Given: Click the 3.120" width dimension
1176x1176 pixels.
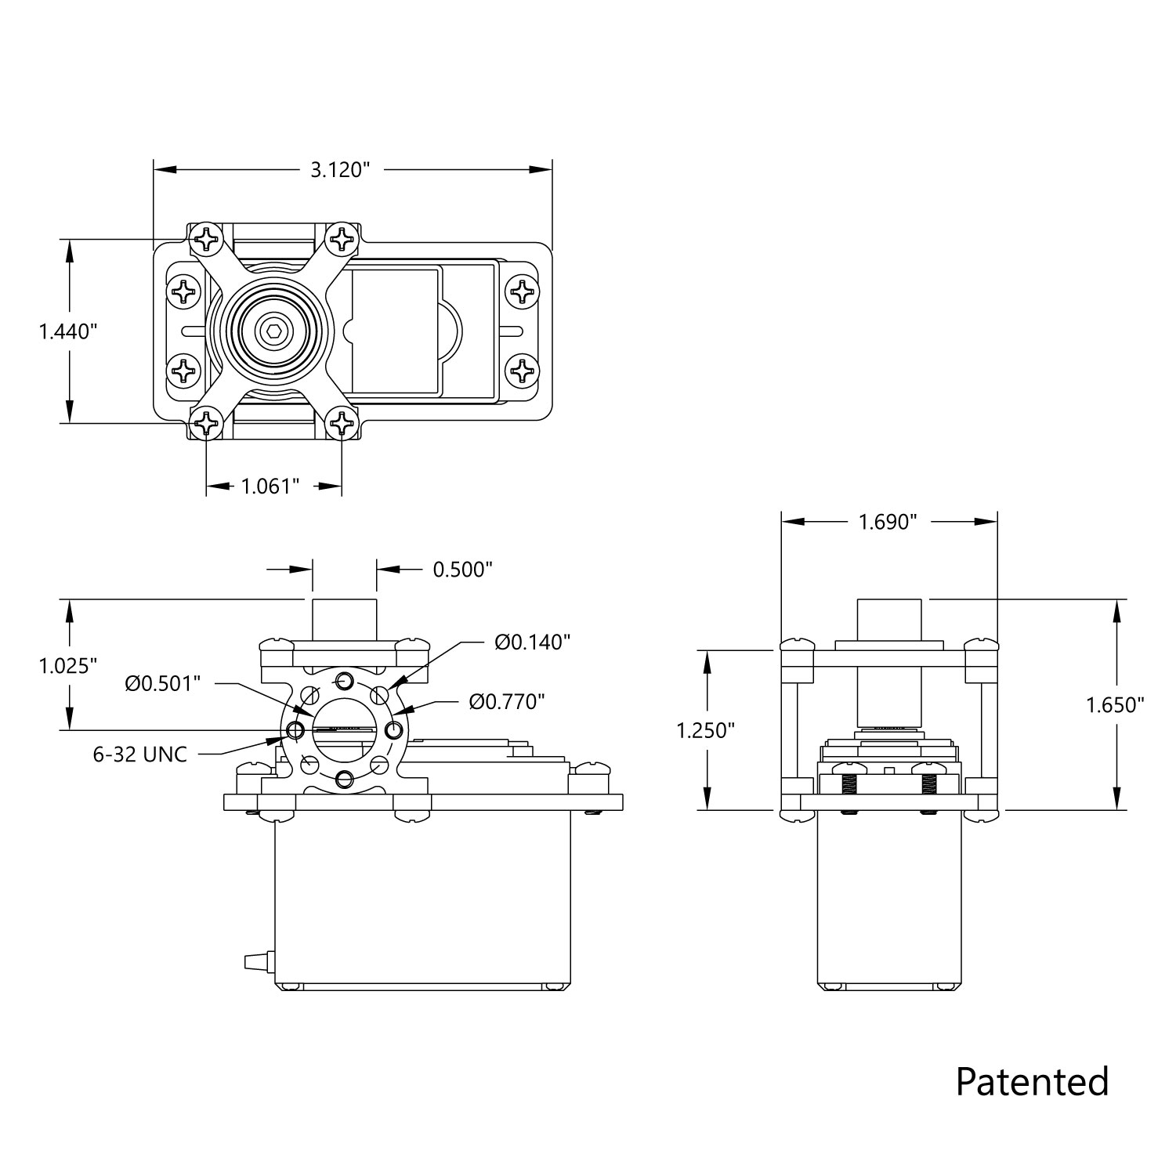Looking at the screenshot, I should pos(339,170).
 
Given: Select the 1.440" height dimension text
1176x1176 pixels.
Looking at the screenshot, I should pos(68,331).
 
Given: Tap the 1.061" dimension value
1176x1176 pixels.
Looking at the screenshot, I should pos(270,487).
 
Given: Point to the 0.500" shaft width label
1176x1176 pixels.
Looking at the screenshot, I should pos(462,569).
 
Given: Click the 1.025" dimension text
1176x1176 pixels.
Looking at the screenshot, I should pos(68,666).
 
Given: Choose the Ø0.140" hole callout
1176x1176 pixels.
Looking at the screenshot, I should pos(532,642).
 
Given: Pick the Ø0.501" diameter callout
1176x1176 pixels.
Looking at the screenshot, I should pos(163,683).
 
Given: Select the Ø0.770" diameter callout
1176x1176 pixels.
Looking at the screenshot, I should pos(507,701).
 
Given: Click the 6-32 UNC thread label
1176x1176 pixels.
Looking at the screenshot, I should pos(140,754).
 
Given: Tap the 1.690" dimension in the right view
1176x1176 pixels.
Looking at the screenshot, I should pos(888,523).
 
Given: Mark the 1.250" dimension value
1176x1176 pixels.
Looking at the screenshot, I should pos(706,730).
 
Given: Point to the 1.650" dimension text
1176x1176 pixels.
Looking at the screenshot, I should pos(1115,705).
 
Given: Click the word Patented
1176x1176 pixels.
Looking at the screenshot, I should pos(1032,1081).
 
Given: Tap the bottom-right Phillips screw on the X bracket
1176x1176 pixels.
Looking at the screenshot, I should pos(342,424).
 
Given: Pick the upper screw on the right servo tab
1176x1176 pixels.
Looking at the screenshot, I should pos(522,292).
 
